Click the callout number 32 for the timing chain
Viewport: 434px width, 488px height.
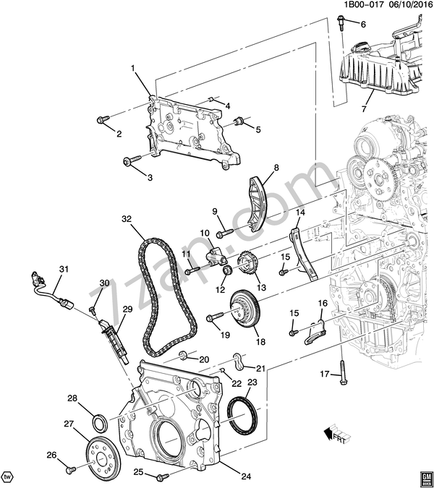tap(127, 218)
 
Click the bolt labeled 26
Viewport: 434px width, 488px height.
tap(70, 469)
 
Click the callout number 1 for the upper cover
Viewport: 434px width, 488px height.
tap(134, 69)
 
